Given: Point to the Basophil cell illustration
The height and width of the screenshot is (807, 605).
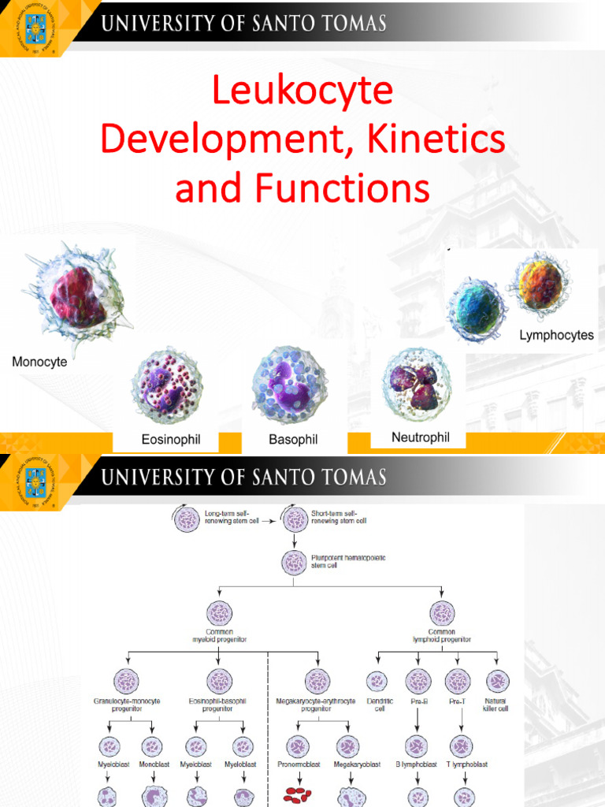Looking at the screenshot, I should point(290,385).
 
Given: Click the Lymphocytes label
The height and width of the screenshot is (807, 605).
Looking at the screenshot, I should point(556,336).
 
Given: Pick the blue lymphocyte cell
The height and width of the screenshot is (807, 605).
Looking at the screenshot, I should point(477,310).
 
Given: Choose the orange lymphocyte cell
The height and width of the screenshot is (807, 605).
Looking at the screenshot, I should point(540,284).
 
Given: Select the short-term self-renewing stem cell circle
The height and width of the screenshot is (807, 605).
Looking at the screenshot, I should point(295,519).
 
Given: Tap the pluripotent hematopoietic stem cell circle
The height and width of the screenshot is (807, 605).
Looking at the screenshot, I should point(295,563).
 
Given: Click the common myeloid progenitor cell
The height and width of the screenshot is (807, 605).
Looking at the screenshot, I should point(219,613).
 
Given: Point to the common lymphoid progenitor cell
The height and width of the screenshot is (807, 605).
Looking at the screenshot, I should point(442,613).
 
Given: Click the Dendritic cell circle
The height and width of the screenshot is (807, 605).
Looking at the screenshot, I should point(377,682).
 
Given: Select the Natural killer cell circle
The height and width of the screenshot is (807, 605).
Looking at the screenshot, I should point(497,682).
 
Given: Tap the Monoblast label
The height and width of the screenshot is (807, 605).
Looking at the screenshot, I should point(153,764).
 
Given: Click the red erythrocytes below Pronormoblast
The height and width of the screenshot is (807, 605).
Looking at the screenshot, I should point(297,796).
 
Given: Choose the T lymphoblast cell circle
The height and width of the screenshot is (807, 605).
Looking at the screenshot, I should point(461,746).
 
